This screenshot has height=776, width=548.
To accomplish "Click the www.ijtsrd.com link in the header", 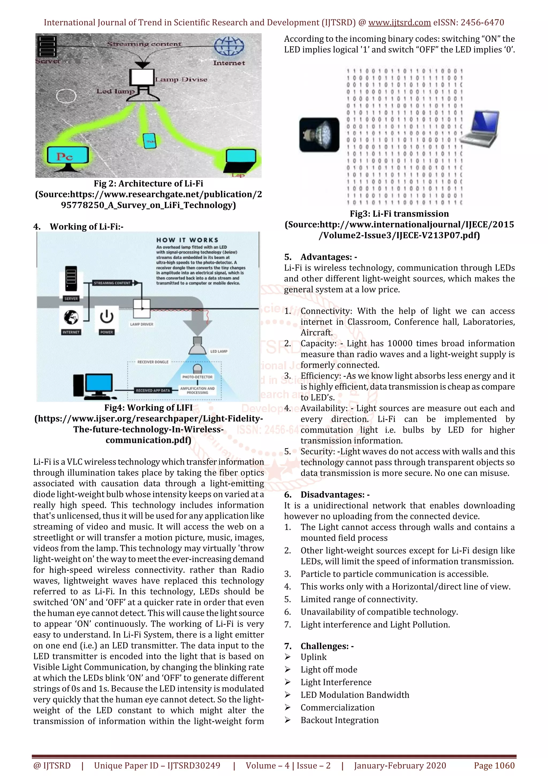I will pos(399,23).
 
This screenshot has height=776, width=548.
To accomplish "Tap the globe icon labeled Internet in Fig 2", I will pos(229,47).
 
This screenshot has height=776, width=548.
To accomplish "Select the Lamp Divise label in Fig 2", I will pos(181,80).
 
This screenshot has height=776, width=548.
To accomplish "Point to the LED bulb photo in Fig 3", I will pos(319,134).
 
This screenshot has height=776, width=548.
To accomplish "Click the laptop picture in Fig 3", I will pos(480,129).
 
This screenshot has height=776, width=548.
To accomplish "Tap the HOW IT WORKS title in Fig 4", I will pos(187,240).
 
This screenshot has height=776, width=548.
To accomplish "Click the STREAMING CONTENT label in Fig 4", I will pos(112,283).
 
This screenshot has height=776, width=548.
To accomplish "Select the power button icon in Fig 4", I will pos(107,317).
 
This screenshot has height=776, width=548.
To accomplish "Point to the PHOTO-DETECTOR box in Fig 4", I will pos(197,376).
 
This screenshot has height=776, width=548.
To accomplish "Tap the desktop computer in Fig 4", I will pos(93,386).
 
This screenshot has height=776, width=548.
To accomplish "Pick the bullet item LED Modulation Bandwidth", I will pos(355,695).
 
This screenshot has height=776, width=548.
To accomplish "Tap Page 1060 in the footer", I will pos(494,765).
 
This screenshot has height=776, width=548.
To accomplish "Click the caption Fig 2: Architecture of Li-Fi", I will pos(148,183).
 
